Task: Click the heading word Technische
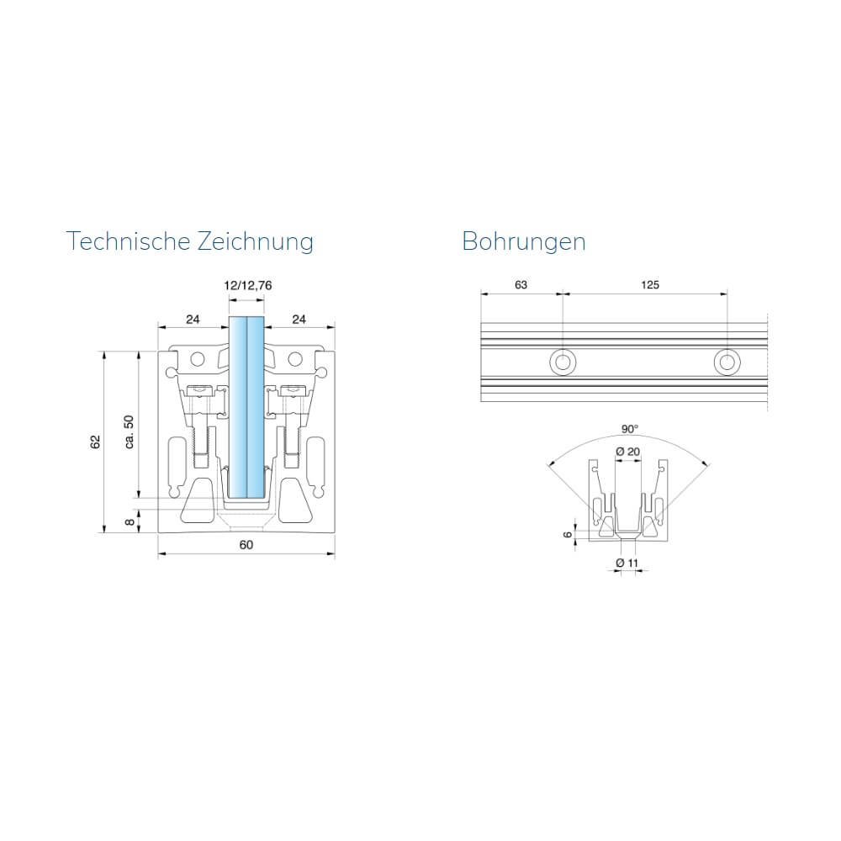click(128, 241)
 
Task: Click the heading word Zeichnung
click(256, 242)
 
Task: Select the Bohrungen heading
click(523, 242)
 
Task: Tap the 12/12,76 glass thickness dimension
click(248, 285)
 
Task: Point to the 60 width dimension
click(246, 545)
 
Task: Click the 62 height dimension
click(96, 442)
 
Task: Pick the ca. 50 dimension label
click(129, 432)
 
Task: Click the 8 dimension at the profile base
click(130, 522)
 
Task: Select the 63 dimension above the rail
click(521, 285)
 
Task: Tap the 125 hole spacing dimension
click(649, 285)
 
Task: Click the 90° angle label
click(630, 429)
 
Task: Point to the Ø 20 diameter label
click(628, 452)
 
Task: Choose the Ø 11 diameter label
click(627, 563)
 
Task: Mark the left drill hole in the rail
click(563, 362)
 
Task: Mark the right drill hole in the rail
click(727, 362)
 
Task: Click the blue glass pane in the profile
click(246, 408)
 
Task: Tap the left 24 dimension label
click(193, 320)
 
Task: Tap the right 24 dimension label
click(299, 320)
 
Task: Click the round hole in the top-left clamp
click(198, 359)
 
